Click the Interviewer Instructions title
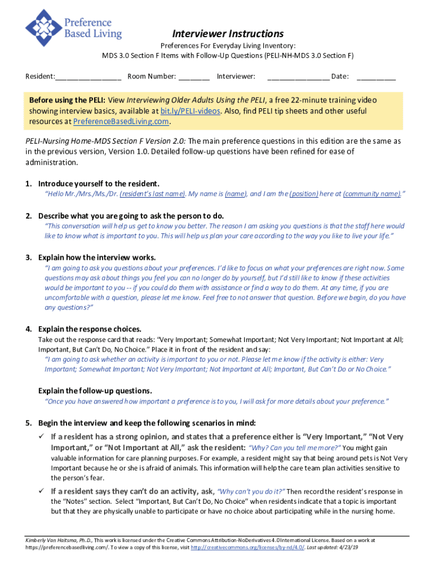[x=228, y=34]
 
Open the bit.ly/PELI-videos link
[x=190, y=111]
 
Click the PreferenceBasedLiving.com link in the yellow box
[x=121, y=122]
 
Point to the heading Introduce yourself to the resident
[x=99, y=184]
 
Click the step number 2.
[x=28, y=216]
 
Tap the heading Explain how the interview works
[x=97, y=258]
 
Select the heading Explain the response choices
[x=90, y=329]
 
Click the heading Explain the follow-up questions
[x=95, y=390]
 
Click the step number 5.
[x=28, y=423]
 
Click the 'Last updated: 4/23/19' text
[x=338, y=547]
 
